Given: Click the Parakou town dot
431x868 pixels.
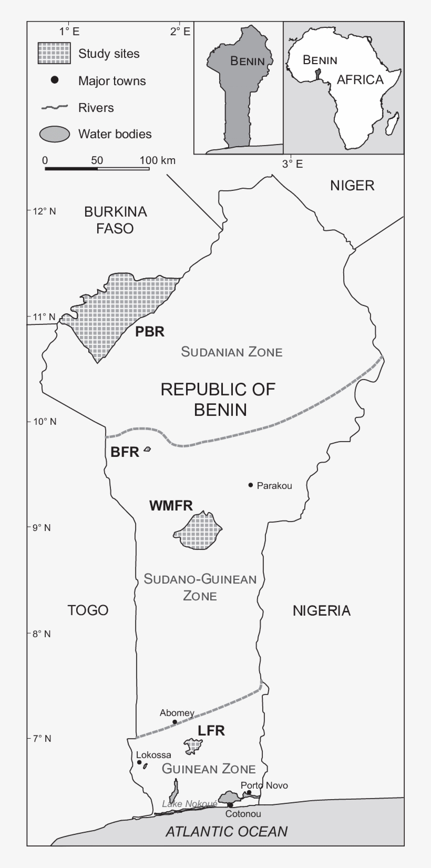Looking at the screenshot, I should click(251, 485).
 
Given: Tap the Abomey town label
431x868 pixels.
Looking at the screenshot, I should click(177, 713).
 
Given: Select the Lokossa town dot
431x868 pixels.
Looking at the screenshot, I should click(139, 762).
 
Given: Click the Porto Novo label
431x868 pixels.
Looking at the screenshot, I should click(264, 785).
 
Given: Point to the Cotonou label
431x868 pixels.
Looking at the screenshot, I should click(243, 814).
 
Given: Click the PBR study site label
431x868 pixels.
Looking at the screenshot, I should click(150, 332).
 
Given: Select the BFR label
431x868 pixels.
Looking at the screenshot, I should click(125, 452).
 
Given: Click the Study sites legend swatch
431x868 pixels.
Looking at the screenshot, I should click(54, 54).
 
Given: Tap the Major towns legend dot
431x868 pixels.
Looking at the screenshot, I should click(54, 80).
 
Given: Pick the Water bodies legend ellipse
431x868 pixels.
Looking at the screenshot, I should click(55, 134).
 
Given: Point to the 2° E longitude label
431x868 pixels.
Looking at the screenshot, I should click(180, 32).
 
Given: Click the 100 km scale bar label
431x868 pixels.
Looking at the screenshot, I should click(158, 160).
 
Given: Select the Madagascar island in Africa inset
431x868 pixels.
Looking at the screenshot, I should click(392, 124).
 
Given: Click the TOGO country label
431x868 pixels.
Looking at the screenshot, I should click(88, 610).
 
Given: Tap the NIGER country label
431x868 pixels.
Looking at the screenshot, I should click(352, 185).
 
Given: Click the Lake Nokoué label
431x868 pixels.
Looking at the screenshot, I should click(189, 804).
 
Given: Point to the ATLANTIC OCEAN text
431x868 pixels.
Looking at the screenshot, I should click(227, 831).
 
